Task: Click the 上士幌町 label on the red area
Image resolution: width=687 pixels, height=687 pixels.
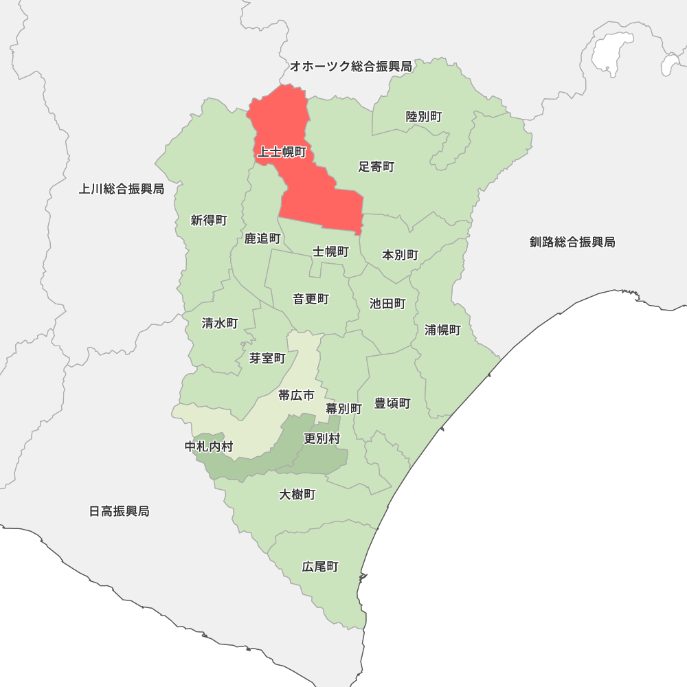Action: point(282,152)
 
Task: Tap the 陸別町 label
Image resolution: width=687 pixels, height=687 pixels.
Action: point(424,117)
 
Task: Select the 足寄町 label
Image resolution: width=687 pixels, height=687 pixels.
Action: point(376,167)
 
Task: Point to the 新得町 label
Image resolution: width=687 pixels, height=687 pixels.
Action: point(209,221)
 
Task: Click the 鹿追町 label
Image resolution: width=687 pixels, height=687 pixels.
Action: point(262,239)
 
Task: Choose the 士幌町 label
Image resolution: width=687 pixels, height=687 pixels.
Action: point(330,251)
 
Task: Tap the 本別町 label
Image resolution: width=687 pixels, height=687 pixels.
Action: point(400,255)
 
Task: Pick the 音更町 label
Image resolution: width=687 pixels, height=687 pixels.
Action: point(311,300)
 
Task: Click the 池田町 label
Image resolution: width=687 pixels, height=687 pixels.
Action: point(387,304)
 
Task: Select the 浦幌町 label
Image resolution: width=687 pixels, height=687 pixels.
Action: point(442,330)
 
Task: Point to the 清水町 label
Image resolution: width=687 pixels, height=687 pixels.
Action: point(220,323)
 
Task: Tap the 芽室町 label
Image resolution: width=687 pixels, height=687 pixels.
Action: point(267,359)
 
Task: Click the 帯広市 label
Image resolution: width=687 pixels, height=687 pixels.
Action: point(296,395)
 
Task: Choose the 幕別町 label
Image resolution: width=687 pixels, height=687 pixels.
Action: point(343,408)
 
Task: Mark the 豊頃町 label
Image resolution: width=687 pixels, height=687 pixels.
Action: point(392,403)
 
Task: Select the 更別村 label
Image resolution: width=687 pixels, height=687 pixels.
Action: point(322,438)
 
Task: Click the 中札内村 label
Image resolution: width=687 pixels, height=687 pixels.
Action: point(209,447)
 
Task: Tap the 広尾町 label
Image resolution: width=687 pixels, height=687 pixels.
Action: point(320,567)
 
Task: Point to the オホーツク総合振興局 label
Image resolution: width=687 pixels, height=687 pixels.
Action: point(350,67)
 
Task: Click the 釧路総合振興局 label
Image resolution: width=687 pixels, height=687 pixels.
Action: point(572,242)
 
